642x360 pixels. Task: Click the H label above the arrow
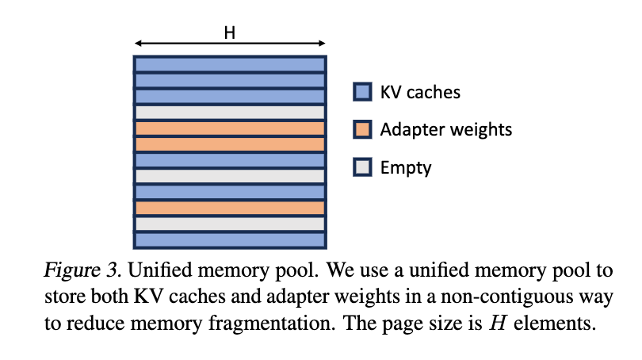coord(229,32)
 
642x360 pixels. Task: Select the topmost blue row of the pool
coord(230,64)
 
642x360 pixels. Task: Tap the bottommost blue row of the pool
coord(230,239)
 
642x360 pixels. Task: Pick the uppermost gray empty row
coord(230,113)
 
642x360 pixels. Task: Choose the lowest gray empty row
coord(230,224)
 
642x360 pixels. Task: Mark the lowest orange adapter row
coord(230,208)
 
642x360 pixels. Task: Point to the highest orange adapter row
coord(230,128)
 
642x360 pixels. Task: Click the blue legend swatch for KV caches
coord(361,92)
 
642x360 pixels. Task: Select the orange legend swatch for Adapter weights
coord(361,128)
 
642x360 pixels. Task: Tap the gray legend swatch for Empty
coord(361,167)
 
